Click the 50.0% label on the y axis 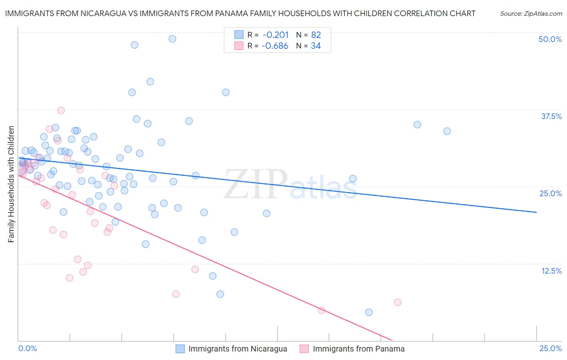550,39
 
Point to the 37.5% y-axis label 551,116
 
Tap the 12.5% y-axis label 551,271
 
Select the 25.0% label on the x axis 550,348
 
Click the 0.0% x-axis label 27,348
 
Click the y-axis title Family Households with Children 11,184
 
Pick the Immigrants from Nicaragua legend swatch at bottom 180,349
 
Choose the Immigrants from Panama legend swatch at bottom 304,349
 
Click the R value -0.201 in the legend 275,35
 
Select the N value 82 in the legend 316,35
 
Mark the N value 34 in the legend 316,46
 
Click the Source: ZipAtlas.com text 531,13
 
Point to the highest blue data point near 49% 172,39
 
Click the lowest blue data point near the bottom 369,312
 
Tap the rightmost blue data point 447,131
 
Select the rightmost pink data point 398,302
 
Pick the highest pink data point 61,110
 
